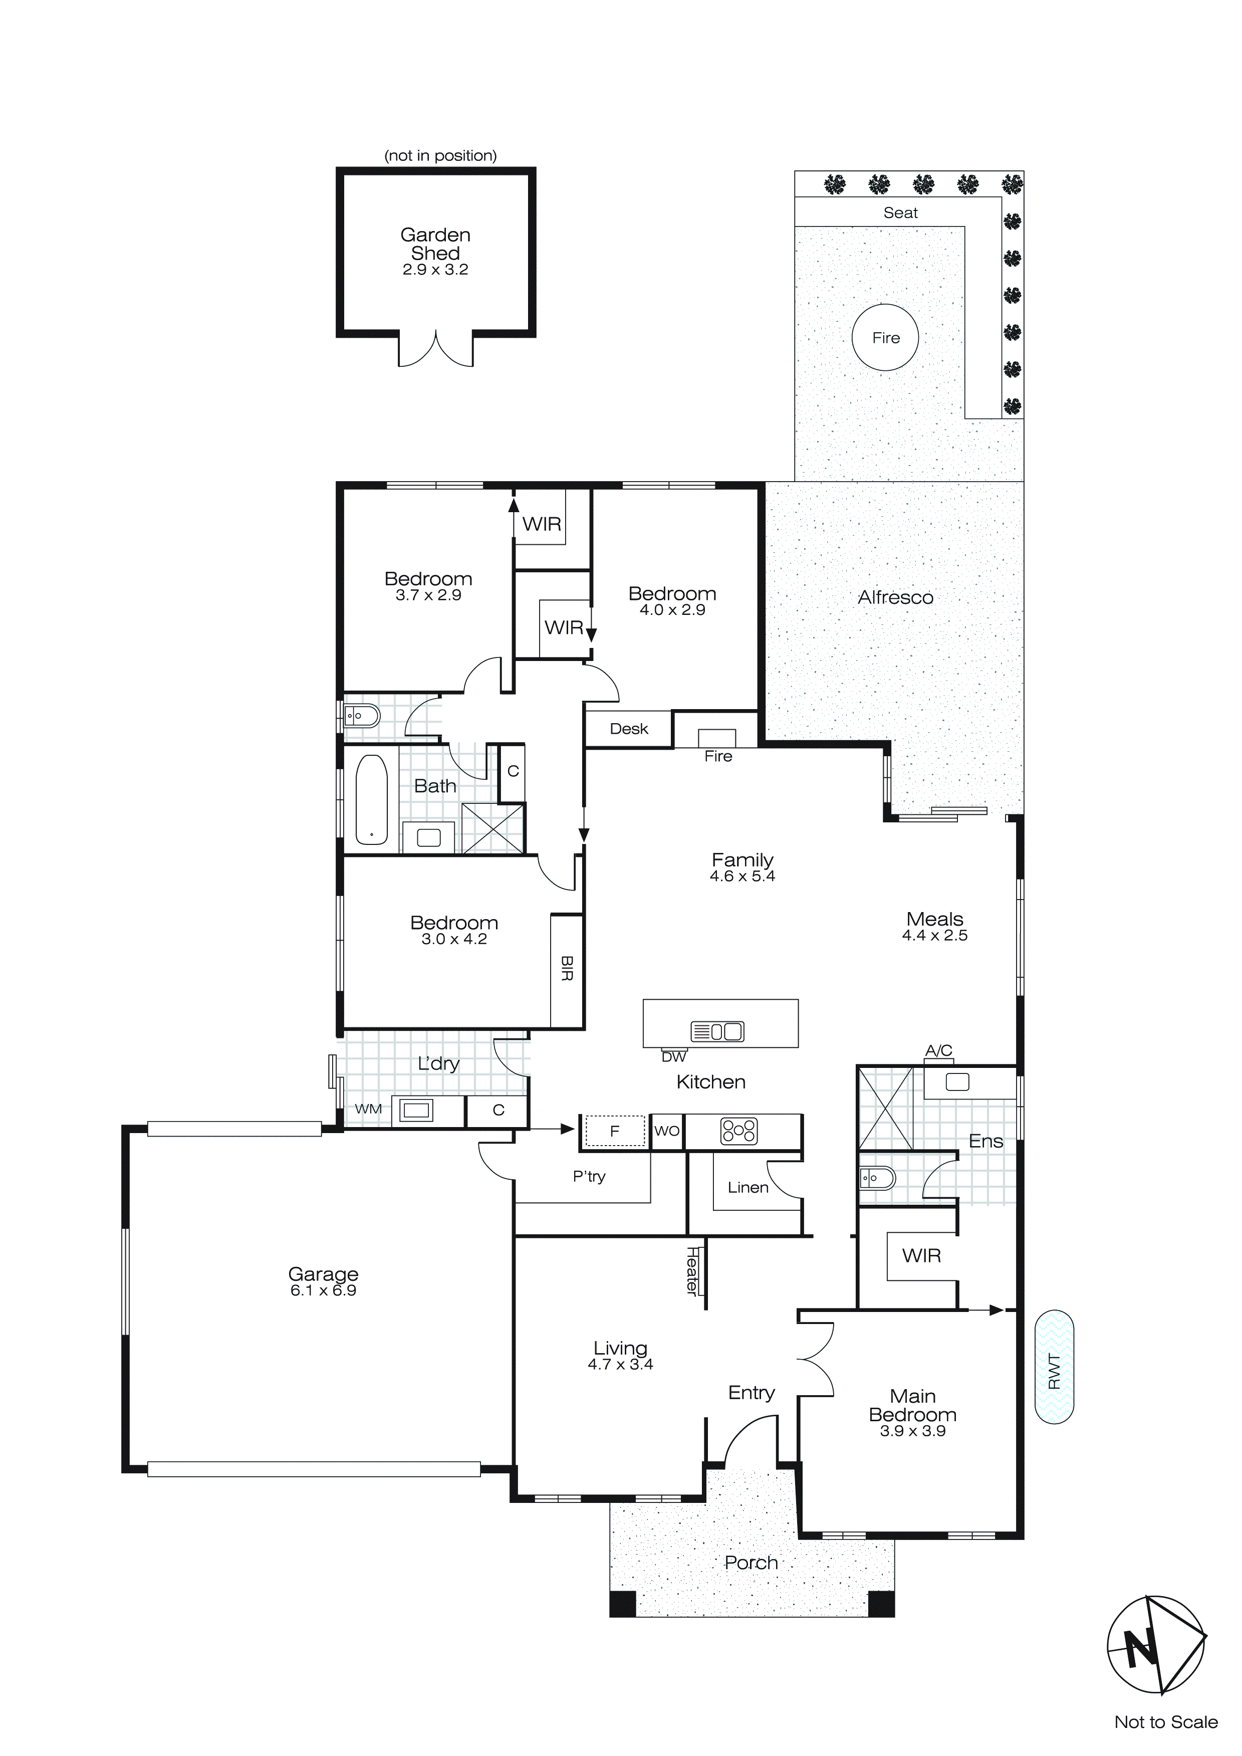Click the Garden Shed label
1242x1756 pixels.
point(435,244)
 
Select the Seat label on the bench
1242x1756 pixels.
point(900,212)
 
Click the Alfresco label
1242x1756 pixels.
point(895,597)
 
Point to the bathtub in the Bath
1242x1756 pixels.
point(372,799)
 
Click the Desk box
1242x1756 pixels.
point(629,729)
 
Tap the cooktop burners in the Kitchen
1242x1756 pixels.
point(739,1131)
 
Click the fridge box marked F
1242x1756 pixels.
point(615,1131)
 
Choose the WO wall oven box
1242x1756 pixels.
point(667,1131)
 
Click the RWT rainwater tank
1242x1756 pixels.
point(1054,1367)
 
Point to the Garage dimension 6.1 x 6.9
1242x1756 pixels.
point(323,1290)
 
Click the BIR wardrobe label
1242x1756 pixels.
point(567,968)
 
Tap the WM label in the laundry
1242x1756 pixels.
point(368,1108)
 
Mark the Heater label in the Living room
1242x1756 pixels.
point(692,1270)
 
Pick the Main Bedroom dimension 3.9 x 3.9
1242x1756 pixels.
point(912,1430)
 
